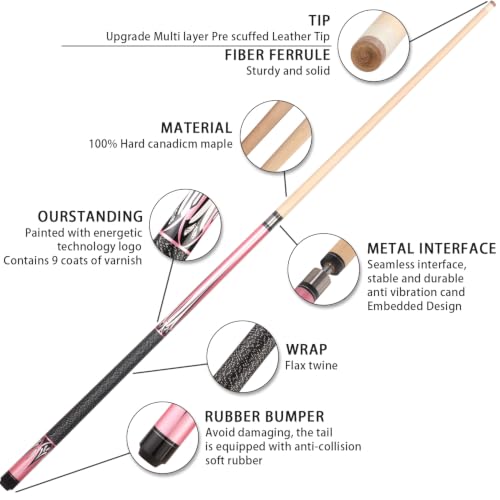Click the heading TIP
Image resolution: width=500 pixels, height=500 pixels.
[x=319, y=20]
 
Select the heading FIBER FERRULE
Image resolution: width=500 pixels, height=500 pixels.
[x=277, y=55]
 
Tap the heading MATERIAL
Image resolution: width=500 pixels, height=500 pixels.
[x=196, y=128]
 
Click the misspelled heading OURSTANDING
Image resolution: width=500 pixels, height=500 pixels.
[x=90, y=217]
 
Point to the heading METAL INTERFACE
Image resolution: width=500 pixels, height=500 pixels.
[x=432, y=249]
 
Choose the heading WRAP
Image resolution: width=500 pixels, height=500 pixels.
[x=306, y=349]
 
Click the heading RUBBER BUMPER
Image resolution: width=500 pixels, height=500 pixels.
[x=264, y=417]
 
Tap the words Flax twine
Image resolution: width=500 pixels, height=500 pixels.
[x=311, y=366]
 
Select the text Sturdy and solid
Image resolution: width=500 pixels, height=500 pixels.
[x=288, y=71]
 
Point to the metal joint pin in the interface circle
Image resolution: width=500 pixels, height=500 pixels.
[x=328, y=272]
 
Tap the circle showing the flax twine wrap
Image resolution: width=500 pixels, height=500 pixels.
[x=243, y=357]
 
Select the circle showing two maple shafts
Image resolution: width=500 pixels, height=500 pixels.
[x=276, y=137]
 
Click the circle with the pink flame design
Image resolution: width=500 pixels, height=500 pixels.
[x=185, y=225]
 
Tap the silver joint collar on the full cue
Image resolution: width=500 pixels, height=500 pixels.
[x=271, y=219]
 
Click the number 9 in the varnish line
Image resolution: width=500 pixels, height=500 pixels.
[x=55, y=260]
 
